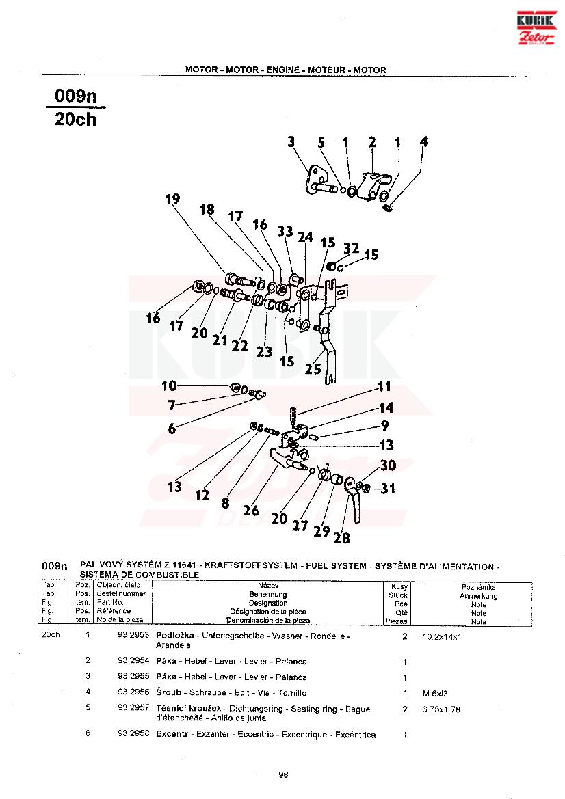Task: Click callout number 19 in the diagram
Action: pyautogui.click(x=172, y=200)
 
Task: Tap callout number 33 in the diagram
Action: pyautogui.click(x=285, y=231)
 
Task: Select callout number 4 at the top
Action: pyautogui.click(x=424, y=142)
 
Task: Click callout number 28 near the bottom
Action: pyautogui.click(x=341, y=538)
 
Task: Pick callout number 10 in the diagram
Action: pyautogui.click(x=169, y=386)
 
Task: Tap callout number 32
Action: pyautogui.click(x=351, y=248)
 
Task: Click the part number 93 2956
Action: pyautogui.click(x=133, y=692)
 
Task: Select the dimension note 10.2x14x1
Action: pyautogui.click(x=443, y=636)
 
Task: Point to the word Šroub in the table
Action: pyautogui.click(x=168, y=692)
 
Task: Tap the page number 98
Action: pyautogui.click(x=283, y=774)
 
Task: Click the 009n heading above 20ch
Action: pyautogui.click(x=75, y=96)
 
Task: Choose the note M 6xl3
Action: pyautogui.click(x=435, y=693)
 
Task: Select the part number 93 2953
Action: pyautogui.click(x=133, y=636)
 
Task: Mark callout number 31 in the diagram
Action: pyautogui.click(x=389, y=489)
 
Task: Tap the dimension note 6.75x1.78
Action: pyautogui.click(x=441, y=709)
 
